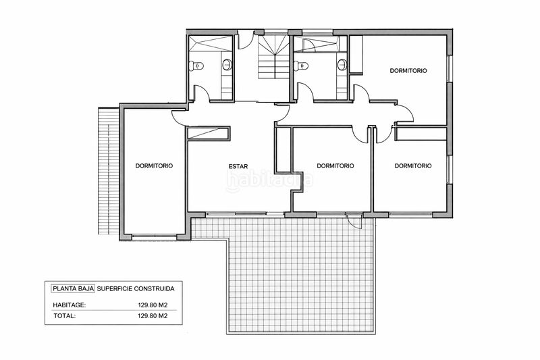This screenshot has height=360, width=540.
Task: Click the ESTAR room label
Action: coord(238,166)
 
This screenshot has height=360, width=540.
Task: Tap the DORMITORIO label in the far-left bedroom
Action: coord(154,165)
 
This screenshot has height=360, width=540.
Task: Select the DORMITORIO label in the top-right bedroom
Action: coord(408,71)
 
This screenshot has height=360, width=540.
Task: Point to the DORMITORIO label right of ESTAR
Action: coord(335,165)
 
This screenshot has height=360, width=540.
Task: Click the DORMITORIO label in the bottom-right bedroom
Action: coord(413,165)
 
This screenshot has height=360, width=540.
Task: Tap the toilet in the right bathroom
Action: coord(301,65)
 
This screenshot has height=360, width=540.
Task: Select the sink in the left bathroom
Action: coord(227,64)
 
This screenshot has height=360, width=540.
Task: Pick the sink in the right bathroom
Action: coord(342,64)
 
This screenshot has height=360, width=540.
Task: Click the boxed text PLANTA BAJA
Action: coord(73,288)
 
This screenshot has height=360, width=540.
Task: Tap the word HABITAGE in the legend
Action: coord(70,305)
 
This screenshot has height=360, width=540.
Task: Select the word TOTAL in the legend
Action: coord(64,315)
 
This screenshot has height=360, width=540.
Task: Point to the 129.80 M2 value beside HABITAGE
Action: coord(153,305)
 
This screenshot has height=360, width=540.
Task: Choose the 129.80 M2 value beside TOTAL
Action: coord(153,315)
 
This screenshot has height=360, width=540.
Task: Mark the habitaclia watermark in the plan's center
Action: coord(269,180)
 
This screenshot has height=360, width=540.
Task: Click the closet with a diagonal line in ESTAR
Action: coord(208,133)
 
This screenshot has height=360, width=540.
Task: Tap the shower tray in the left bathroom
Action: coord(211,43)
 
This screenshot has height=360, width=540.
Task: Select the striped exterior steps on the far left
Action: coord(109,171)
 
